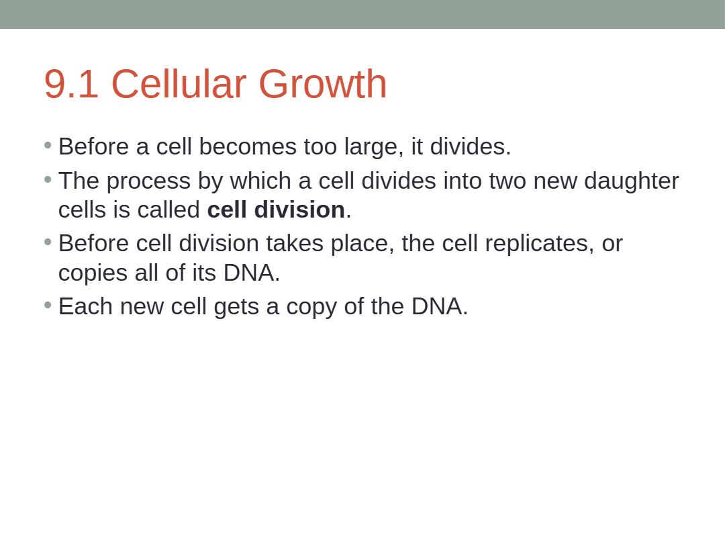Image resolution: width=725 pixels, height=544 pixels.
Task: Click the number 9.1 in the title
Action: pyautogui.click(x=71, y=84)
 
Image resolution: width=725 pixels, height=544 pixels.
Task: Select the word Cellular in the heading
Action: pyautogui.click(x=179, y=83)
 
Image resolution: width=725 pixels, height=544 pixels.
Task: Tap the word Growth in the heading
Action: pyautogui.click(x=322, y=83)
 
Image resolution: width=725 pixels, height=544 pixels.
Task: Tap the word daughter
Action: pyautogui.click(x=631, y=181)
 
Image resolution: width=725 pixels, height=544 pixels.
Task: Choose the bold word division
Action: pyautogui.click(x=299, y=210)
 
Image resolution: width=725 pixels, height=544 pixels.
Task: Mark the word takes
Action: pyautogui.click(x=295, y=243)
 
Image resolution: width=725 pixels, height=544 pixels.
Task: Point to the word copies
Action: pyautogui.click(x=93, y=273)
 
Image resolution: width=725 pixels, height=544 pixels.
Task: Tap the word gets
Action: pyautogui.click(x=236, y=308)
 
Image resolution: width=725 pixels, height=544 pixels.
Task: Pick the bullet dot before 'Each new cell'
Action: pyautogui.click(x=48, y=305)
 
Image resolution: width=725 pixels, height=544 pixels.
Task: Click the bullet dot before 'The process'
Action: pyautogui.click(x=48, y=179)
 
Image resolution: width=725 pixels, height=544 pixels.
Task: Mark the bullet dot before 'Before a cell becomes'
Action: pyautogui.click(x=48, y=145)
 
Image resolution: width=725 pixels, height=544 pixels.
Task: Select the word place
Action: pyautogui.click(x=362, y=244)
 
